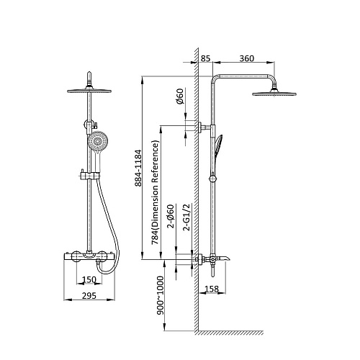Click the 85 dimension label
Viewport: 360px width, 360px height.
point(205,58)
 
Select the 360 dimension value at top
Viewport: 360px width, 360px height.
point(247,58)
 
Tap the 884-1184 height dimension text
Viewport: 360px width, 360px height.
point(138,168)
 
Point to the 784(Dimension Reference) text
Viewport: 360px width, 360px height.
point(155,192)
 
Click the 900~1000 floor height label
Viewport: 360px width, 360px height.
point(160,295)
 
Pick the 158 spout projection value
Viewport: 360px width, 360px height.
point(212,289)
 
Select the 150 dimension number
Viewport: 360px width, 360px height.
point(89,279)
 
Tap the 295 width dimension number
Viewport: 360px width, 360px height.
point(89,296)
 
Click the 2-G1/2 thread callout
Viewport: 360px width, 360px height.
point(186,217)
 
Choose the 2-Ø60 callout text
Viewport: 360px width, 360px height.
point(171,216)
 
